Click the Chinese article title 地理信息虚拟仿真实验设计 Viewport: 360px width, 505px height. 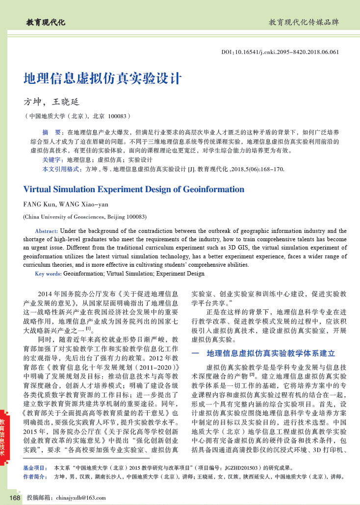[103, 78]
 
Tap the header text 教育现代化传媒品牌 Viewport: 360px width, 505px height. [304, 23]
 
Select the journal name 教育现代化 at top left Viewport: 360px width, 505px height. [46, 23]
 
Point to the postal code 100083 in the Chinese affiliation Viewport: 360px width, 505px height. [118, 117]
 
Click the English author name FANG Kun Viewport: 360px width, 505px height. [39, 204]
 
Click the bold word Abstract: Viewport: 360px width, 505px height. [47, 231]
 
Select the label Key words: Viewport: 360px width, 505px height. [48, 274]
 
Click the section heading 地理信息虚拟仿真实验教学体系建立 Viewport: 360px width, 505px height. [271, 353]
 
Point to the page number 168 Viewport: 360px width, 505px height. [15, 498]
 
